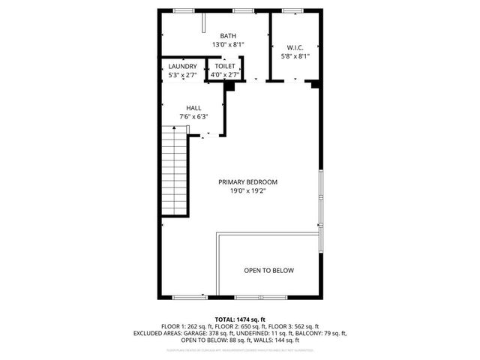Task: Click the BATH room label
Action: [x=228, y=36]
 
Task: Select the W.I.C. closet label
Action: [x=294, y=46]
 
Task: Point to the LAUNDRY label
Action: [x=182, y=67]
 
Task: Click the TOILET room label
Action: [x=225, y=67]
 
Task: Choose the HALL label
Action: [x=193, y=108]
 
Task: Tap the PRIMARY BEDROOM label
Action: [x=247, y=182]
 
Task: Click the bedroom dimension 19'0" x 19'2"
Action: [x=248, y=191]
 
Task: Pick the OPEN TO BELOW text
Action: [x=268, y=271]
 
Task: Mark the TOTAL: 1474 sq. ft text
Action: [x=240, y=319]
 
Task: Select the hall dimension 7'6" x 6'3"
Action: [x=193, y=117]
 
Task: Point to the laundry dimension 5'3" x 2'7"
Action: [x=182, y=75]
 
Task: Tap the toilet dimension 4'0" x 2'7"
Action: [x=225, y=75]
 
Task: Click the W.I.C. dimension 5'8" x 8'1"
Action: [x=295, y=55]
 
